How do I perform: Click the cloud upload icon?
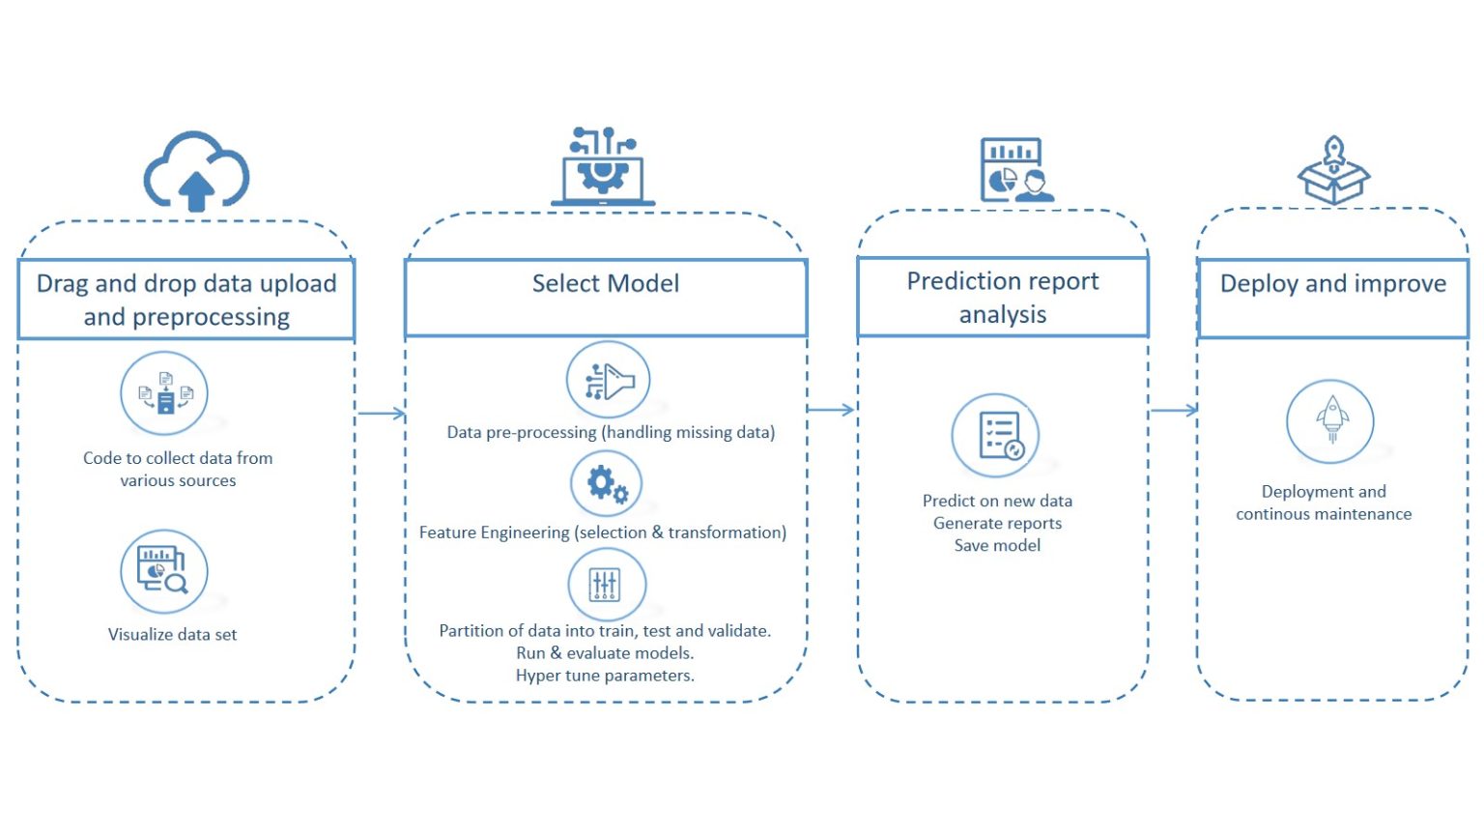coord(197,172)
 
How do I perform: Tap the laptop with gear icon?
coord(603,166)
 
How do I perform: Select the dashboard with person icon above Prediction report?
coord(1015,170)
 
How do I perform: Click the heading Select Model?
coord(606,283)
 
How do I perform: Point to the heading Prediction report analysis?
coord(1003,297)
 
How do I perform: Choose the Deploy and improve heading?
coord(1333,283)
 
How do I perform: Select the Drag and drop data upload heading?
coord(186,300)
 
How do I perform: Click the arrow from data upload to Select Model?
coord(381,414)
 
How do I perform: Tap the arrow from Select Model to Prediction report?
coord(831,410)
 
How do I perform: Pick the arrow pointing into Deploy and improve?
coord(1174,411)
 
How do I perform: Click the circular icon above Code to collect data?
coord(164,393)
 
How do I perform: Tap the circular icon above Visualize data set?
coord(164,571)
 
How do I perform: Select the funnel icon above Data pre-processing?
coord(608,381)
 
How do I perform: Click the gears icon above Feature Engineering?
coord(607,483)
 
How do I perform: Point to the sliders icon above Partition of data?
coord(606,584)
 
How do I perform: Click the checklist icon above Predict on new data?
coord(995,436)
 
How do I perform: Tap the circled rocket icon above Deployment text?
coord(1330,421)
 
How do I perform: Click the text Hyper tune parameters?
coord(605,676)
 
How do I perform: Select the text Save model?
coord(997,545)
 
